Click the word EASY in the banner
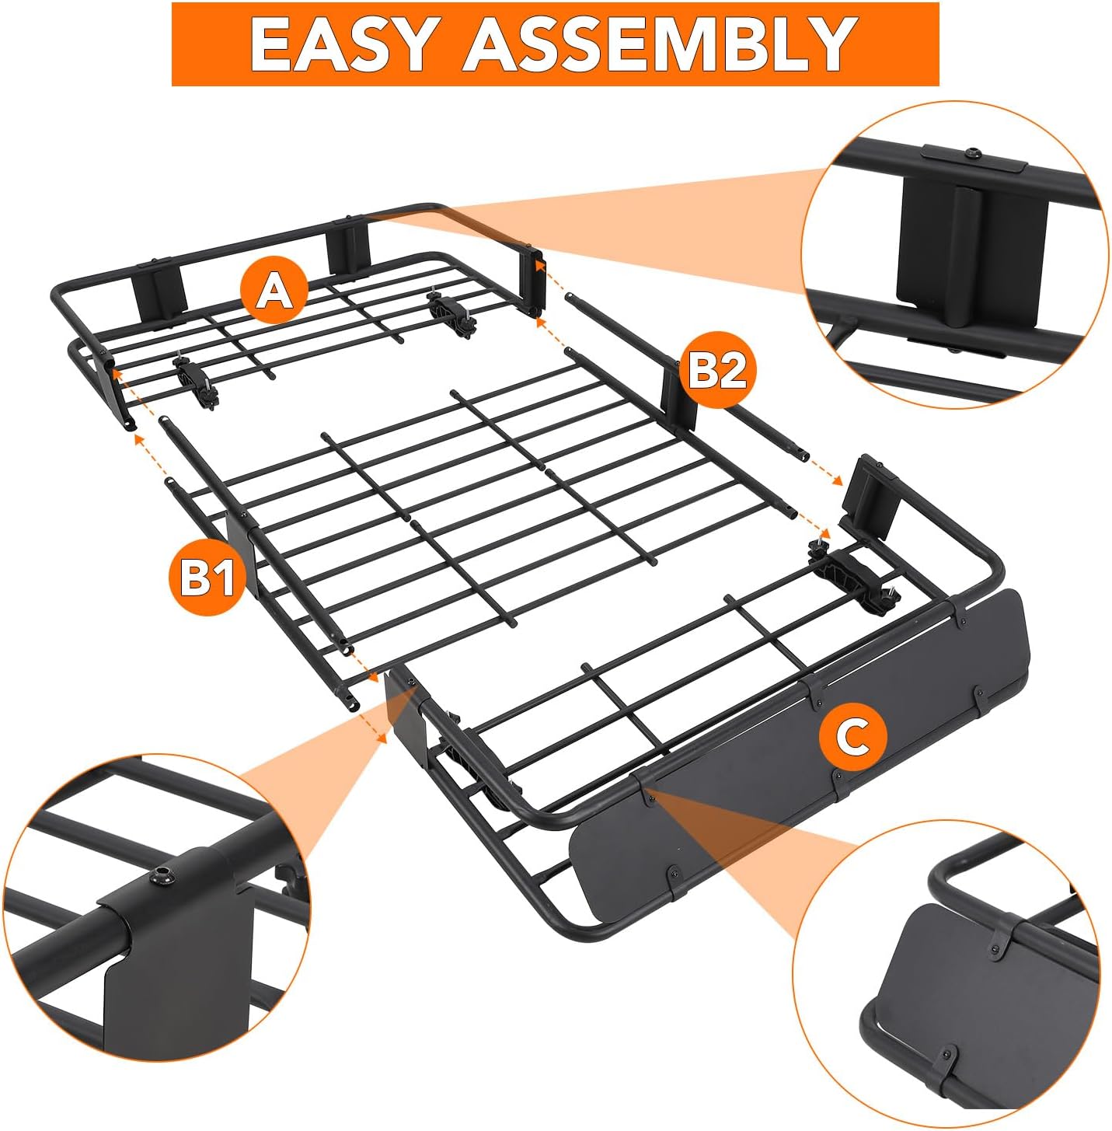(x=341, y=44)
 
